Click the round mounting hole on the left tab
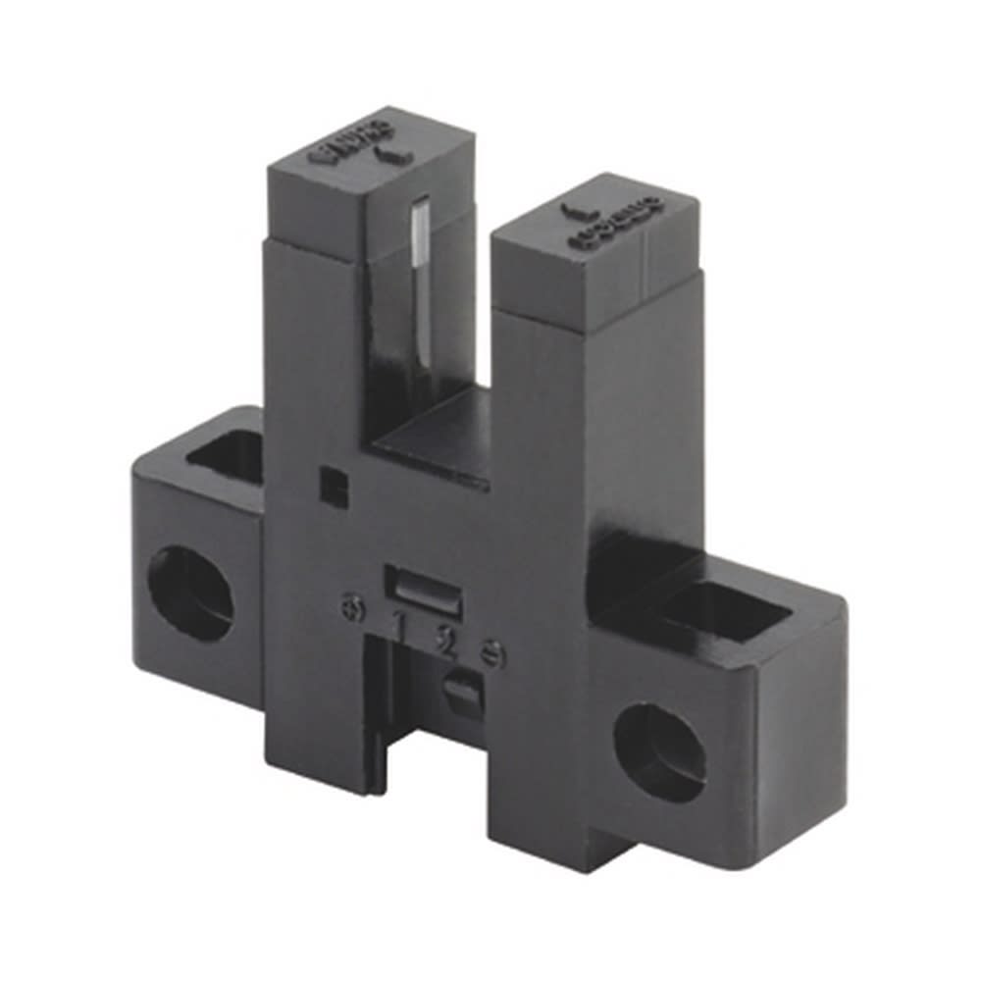click(190, 594)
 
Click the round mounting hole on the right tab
click(659, 751)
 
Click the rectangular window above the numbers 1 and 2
click(418, 586)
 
